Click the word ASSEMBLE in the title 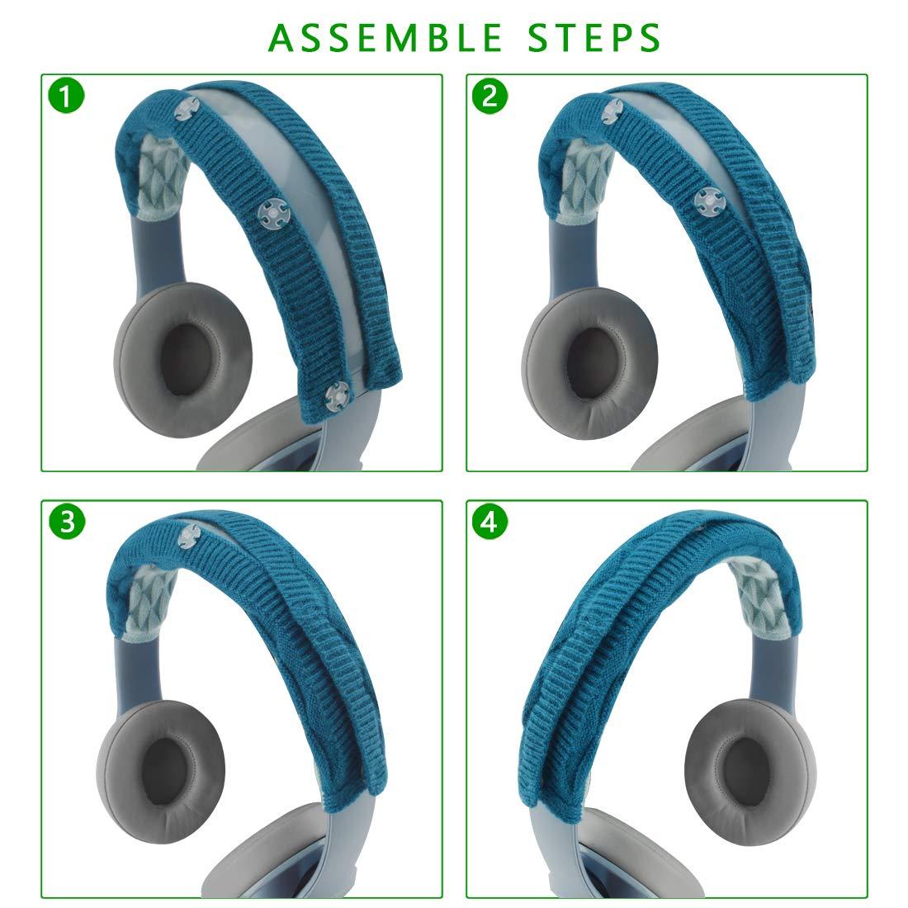[385, 37]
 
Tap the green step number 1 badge [66, 97]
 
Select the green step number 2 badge [489, 97]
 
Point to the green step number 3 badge [66, 522]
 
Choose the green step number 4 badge [489, 522]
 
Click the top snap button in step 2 [612, 110]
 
